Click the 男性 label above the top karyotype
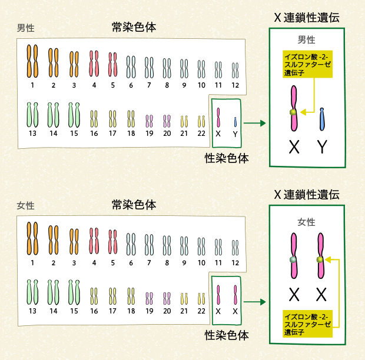click(26, 28)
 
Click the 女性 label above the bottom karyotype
click(26, 205)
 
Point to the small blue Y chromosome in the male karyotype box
click(235, 122)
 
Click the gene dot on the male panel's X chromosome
click(293, 112)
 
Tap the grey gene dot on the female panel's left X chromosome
click(293, 259)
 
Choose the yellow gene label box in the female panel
click(307, 323)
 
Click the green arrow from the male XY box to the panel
click(253, 124)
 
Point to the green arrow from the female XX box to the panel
click(253, 302)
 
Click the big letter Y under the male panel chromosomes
click(322, 147)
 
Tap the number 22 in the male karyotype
click(201, 134)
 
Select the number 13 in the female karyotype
click(32, 311)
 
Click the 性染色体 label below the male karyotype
click(226, 158)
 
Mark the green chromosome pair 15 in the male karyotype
click(74, 114)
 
